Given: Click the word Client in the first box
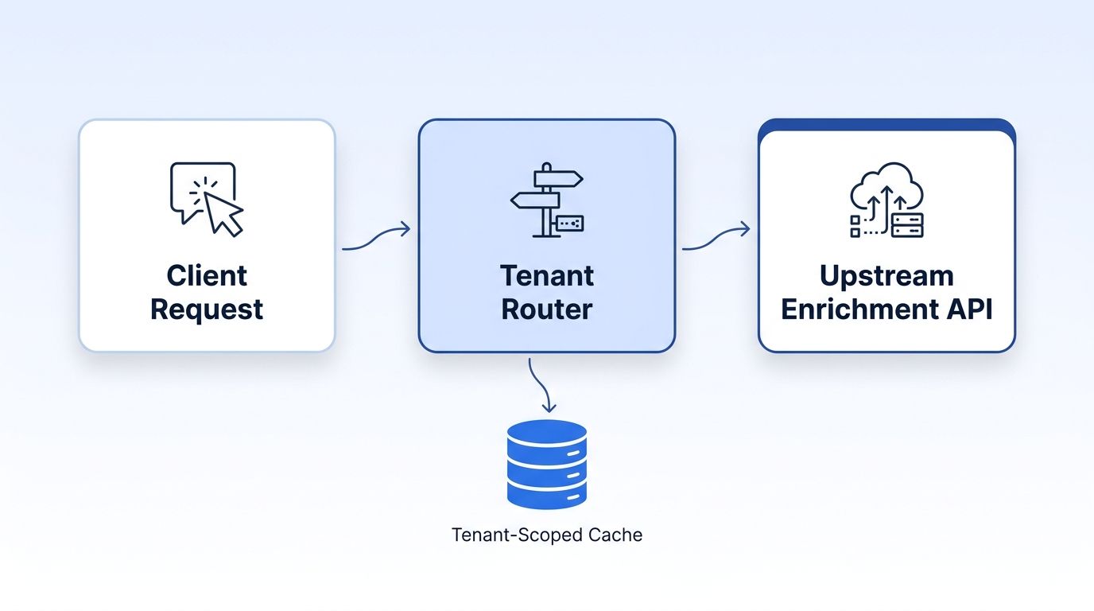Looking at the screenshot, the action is point(207,276).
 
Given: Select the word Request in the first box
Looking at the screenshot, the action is point(207,310).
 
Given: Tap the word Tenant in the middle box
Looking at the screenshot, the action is point(547,276).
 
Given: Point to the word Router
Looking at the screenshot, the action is point(547,309).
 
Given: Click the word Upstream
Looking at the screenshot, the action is point(886,277).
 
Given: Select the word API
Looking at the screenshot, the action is point(969,309).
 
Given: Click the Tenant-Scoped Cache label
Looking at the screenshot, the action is point(547,535).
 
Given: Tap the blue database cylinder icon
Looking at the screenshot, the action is point(547,464).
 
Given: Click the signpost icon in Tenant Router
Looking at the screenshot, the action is point(547,200).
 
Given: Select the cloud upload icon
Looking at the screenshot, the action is point(886,200).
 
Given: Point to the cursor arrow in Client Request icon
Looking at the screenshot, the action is point(223,213).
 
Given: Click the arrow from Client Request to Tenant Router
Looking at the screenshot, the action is point(376,239).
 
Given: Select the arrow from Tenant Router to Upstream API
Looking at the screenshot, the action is point(716,239).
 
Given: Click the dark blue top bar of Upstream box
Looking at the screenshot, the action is point(886,124).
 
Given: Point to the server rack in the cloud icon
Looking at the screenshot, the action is point(907,225).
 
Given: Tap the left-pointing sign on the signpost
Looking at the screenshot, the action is point(535,200).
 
